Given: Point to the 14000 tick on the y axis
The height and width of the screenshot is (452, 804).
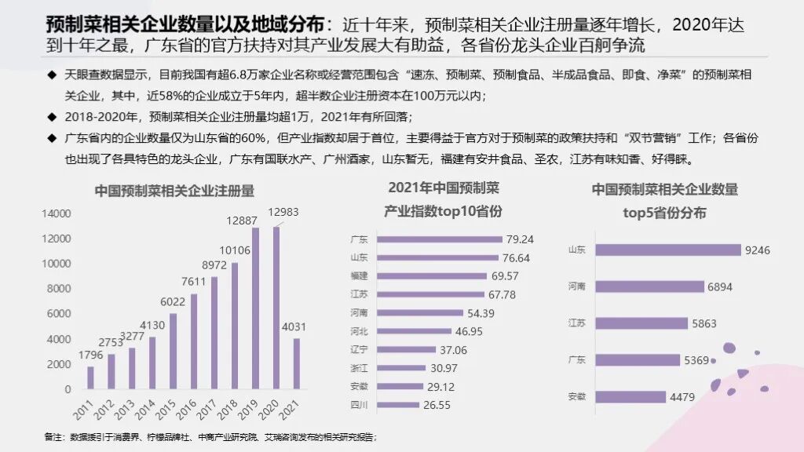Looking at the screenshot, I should tap(57, 213).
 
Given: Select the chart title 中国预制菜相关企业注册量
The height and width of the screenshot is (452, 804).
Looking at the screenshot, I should tap(174, 191).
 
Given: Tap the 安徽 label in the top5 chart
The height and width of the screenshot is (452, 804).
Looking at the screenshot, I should tap(576, 397).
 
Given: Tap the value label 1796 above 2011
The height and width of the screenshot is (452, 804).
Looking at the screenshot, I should tap(90, 355).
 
